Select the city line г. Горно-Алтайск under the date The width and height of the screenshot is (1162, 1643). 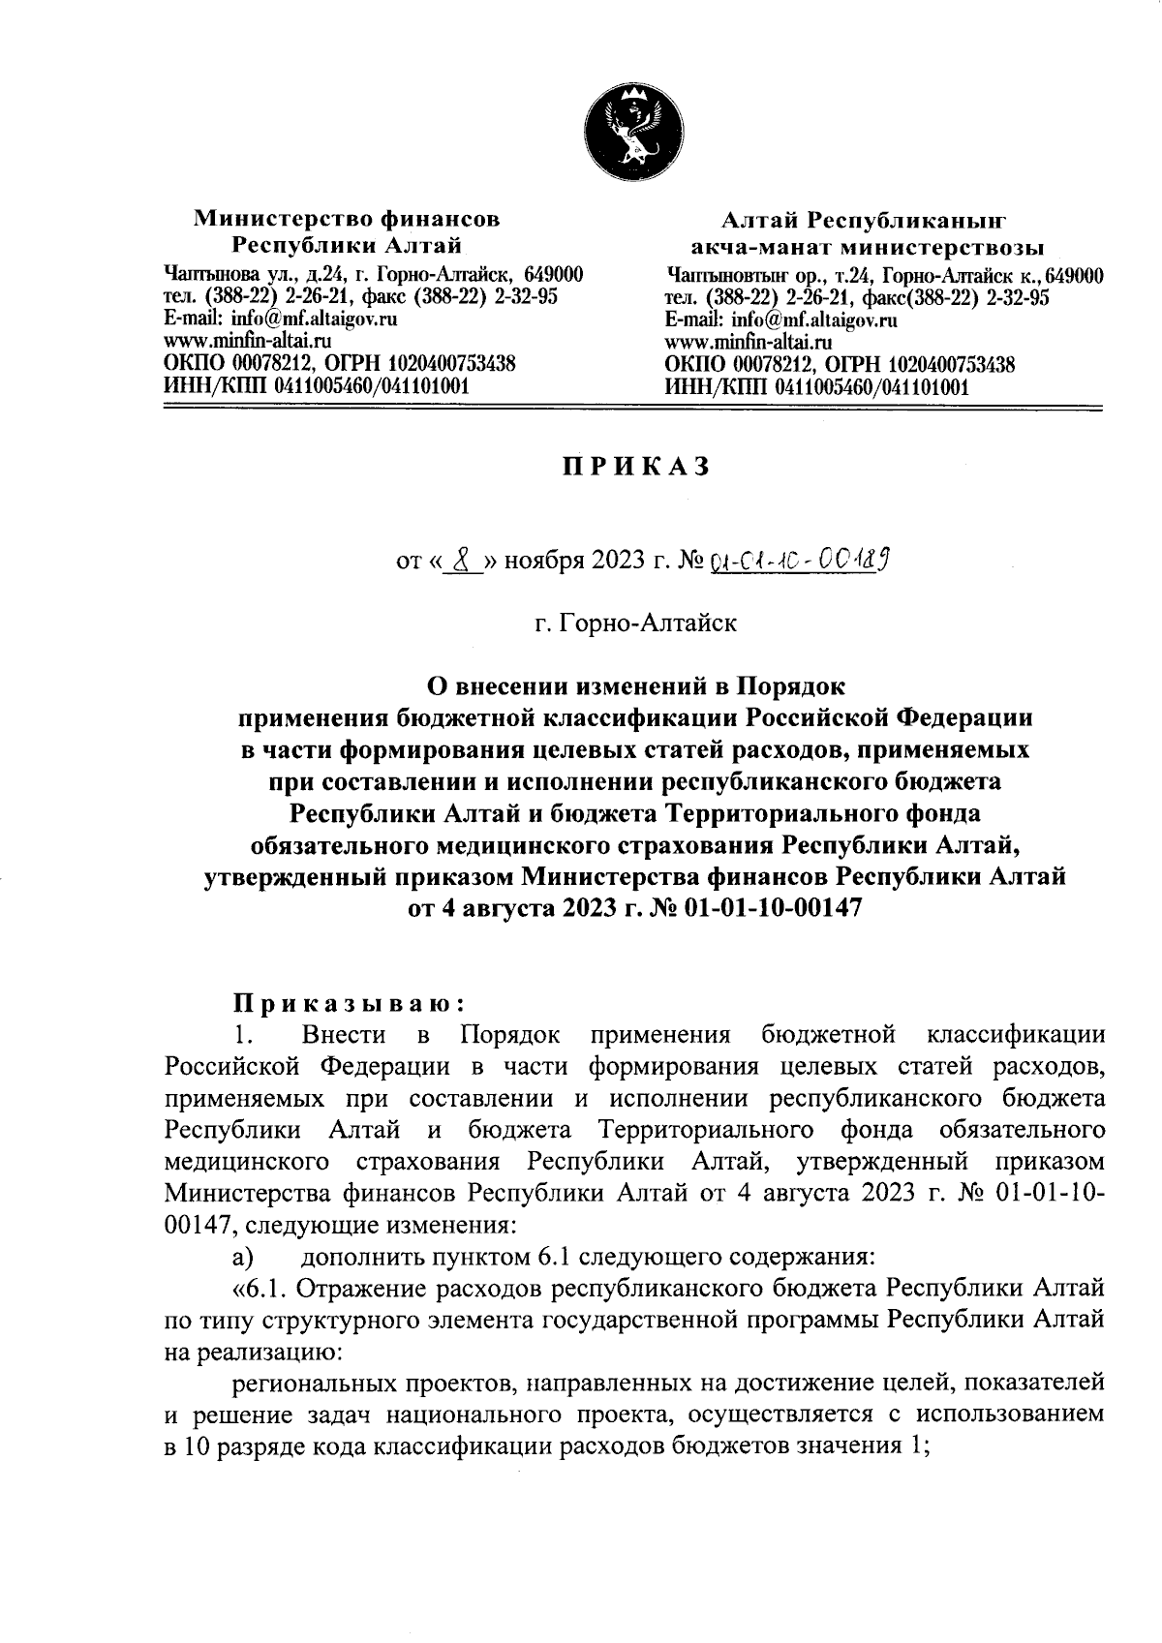coord(635,622)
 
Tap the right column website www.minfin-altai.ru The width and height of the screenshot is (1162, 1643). coord(749,342)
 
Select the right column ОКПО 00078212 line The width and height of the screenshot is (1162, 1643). coord(840,365)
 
